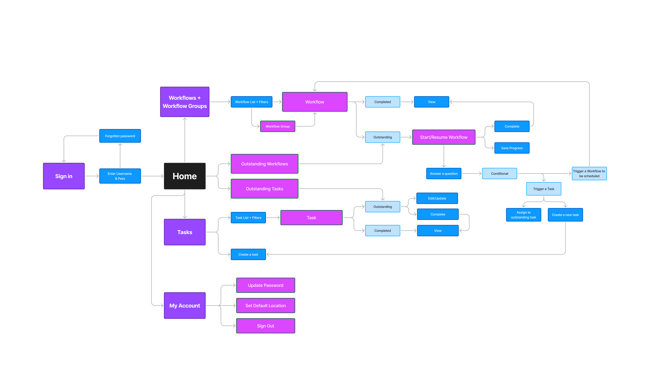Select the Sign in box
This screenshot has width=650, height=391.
coord(64,176)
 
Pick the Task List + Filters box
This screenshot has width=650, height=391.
coord(248,218)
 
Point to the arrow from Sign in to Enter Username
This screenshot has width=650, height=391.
coord(92,176)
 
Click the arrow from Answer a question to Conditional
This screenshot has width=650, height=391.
coord(471,174)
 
